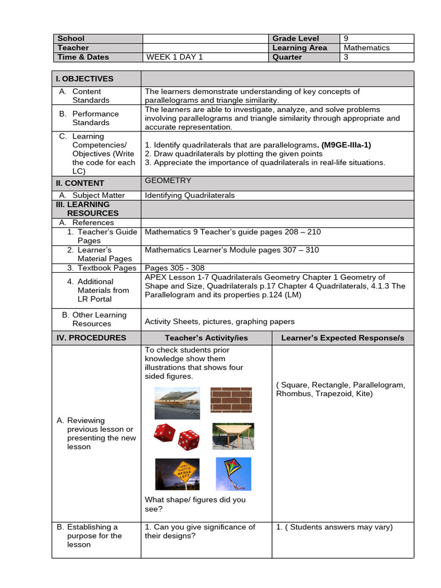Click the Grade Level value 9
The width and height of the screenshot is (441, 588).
[346, 38]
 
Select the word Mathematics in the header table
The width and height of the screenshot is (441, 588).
[367, 48]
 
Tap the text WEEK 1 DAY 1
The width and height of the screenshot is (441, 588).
[175, 57]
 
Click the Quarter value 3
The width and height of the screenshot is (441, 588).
[346, 57]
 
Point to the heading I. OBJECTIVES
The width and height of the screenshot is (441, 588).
[84, 79]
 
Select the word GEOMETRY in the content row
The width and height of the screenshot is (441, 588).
[168, 180]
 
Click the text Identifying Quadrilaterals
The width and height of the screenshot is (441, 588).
[189, 195]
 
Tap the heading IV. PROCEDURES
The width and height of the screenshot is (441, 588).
[91, 338]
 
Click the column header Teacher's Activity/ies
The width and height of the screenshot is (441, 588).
[206, 338]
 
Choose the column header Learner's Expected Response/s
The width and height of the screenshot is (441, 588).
[343, 338]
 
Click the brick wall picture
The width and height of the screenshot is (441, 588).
[230, 400]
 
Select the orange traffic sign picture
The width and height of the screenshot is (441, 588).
[177, 474]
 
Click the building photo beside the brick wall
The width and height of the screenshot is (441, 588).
[177, 402]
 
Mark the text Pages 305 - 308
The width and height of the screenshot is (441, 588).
[175, 268]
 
